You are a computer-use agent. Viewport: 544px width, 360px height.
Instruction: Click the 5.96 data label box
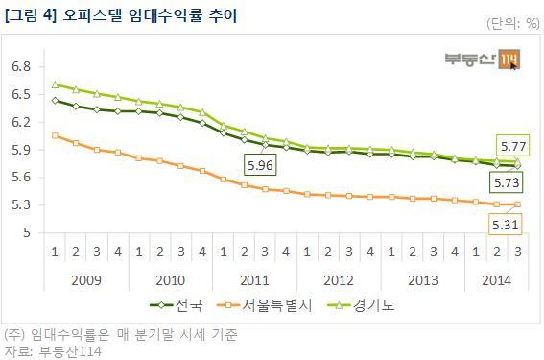[260, 165]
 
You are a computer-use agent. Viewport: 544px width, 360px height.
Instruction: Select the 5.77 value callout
[513, 146]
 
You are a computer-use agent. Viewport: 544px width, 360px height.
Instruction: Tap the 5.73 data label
[507, 182]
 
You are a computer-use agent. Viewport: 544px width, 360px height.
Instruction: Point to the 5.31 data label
[505, 225]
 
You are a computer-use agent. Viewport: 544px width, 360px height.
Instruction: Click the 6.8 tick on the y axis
[21, 66]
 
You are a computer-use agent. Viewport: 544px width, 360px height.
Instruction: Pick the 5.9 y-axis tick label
[21, 150]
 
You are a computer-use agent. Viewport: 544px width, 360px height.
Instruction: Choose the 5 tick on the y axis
[27, 232]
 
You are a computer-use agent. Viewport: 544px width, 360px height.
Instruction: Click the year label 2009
[86, 280]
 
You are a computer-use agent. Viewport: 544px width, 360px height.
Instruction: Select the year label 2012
[339, 280]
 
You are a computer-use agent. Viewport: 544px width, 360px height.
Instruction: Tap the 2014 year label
[496, 280]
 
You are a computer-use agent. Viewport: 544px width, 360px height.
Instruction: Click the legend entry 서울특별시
[265, 305]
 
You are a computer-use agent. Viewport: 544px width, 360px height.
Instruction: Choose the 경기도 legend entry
[361, 305]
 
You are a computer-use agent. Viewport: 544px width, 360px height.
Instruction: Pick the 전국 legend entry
[177, 305]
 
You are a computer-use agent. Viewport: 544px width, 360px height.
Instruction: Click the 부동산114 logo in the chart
[483, 60]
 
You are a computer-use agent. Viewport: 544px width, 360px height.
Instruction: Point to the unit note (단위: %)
[513, 23]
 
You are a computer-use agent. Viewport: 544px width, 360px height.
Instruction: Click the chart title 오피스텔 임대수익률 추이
[150, 15]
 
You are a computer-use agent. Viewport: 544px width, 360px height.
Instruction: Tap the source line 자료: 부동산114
[53, 351]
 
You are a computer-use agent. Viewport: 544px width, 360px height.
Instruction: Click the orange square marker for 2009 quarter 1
[55, 135]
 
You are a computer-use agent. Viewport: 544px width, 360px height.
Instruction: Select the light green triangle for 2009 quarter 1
[55, 84]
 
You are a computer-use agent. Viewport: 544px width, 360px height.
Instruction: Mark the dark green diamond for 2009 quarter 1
[55, 101]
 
